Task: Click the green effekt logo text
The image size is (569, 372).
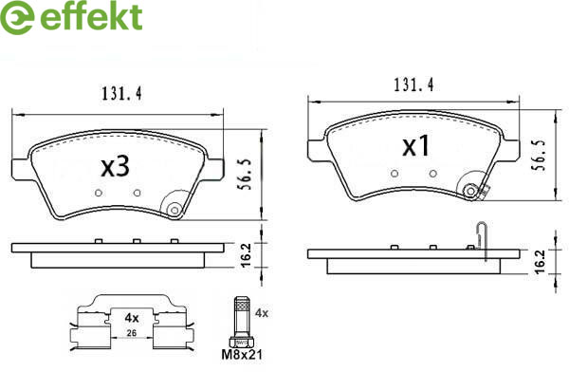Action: click(x=91, y=16)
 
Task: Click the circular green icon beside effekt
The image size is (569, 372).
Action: click(x=17, y=17)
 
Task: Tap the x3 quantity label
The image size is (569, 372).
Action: click(x=115, y=167)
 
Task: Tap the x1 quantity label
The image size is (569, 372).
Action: click(x=416, y=146)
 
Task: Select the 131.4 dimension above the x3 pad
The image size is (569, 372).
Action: click(x=121, y=94)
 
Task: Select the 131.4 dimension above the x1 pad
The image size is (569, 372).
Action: click(x=414, y=85)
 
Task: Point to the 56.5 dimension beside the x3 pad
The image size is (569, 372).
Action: click(x=246, y=175)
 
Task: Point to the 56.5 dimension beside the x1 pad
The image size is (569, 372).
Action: click(x=538, y=155)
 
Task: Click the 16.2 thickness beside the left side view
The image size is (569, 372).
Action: click(x=247, y=256)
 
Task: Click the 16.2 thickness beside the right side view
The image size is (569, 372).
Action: click(x=540, y=262)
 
